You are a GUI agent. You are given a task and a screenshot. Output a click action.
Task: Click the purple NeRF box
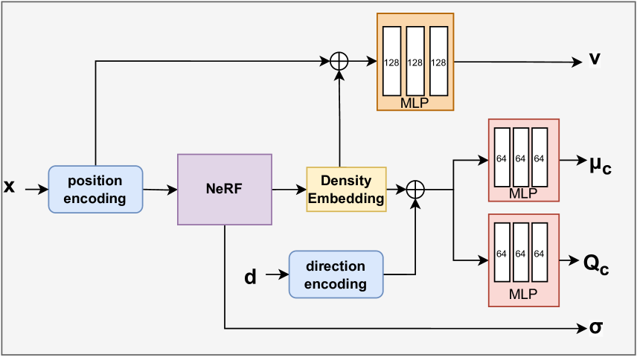(225, 189)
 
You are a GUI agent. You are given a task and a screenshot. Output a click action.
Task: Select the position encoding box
(95, 190)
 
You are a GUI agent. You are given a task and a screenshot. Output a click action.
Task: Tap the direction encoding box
(336, 275)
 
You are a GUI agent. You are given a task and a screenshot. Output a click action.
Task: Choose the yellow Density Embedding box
(347, 190)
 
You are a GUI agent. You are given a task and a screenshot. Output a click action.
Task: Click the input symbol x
(10, 186)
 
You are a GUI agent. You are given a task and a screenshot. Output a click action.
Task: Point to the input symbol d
(251, 277)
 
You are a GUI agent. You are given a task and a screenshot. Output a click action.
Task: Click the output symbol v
(595, 59)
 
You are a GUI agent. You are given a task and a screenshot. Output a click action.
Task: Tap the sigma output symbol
(595, 327)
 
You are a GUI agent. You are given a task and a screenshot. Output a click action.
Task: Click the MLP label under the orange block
(414, 103)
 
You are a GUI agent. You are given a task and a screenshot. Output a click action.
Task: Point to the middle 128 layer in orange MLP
(415, 61)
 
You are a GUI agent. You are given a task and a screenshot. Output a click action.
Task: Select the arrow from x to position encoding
(36, 190)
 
